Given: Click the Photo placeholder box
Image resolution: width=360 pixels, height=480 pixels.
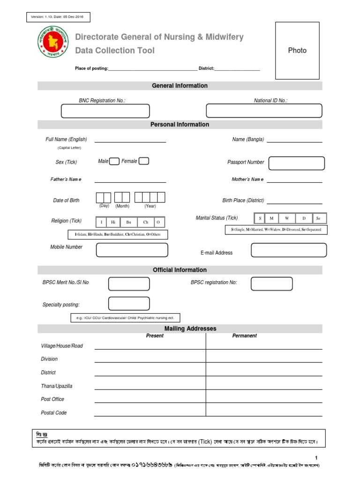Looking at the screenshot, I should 297,51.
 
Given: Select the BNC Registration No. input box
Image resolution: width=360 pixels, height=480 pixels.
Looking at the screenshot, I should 105,111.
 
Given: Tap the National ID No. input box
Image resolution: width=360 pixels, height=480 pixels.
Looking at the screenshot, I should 264,111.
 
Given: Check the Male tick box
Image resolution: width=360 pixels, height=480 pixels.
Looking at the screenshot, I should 114,161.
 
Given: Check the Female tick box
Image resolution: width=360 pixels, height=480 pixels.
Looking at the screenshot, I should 144,161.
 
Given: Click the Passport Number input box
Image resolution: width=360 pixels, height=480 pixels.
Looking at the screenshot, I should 296,163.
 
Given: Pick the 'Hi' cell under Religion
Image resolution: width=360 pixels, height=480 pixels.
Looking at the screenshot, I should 113,222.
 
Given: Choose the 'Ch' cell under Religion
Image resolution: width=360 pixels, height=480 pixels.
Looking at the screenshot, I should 146,222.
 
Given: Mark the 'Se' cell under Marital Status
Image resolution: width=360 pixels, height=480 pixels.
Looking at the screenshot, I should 318,218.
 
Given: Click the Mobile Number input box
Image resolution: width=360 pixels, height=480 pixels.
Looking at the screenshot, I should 132,250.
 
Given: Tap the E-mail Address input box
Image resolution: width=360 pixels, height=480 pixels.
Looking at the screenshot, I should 285,250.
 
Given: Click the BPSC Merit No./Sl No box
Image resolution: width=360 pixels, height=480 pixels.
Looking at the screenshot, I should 129,284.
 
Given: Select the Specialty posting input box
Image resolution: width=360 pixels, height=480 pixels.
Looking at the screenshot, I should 129,304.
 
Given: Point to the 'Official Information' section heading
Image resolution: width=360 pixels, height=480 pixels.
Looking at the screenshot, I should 180,270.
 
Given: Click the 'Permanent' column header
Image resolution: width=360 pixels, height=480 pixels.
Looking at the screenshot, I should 244,336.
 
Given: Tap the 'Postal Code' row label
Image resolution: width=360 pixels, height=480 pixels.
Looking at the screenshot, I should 54,413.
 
